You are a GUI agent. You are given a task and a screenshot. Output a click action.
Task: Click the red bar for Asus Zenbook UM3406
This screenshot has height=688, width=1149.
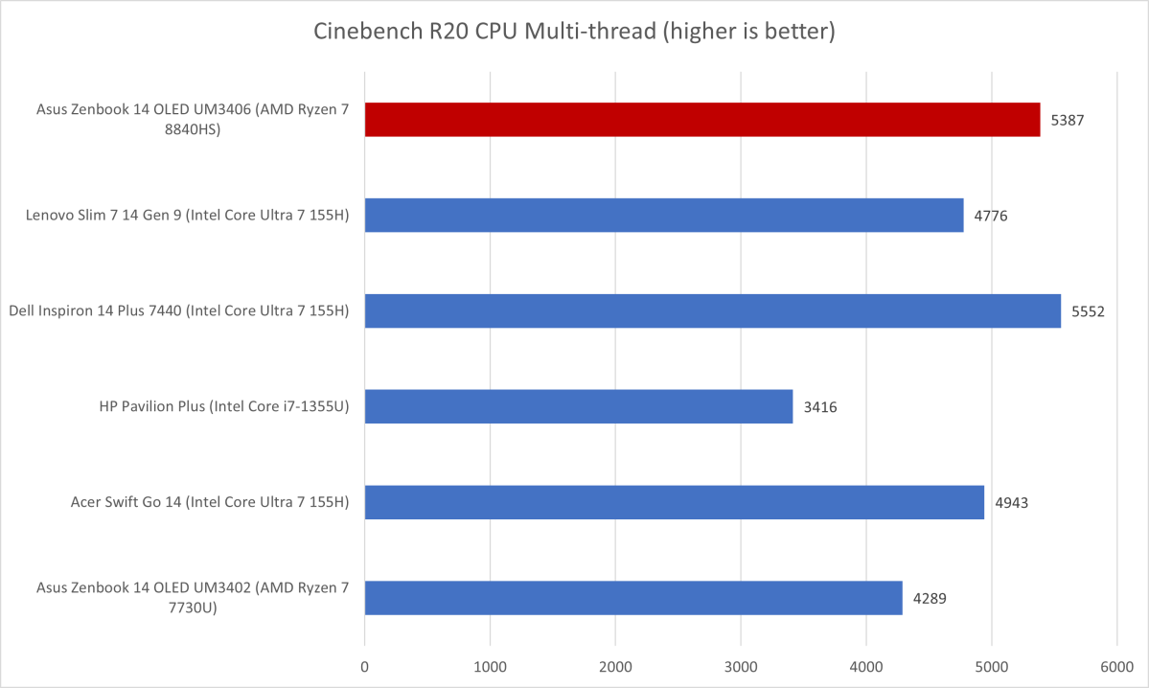pyautogui.click(x=701, y=120)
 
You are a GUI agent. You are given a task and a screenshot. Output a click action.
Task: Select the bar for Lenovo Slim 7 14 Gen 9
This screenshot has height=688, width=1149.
pyautogui.click(x=663, y=216)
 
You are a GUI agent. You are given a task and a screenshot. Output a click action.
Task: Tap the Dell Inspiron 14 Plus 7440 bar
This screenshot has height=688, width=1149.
pyautogui.click(x=712, y=310)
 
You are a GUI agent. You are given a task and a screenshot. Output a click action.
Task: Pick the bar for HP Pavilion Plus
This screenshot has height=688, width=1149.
pyautogui.click(x=578, y=406)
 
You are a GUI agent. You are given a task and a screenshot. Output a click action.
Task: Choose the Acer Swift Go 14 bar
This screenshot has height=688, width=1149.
pyautogui.click(x=674, y=502)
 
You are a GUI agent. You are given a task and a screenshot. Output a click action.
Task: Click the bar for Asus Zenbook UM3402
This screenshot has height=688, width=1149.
pyautogui.click(x=632, y=598)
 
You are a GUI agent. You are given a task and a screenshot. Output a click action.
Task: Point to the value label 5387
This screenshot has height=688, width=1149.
pyautogui.click(x=1067, y=121)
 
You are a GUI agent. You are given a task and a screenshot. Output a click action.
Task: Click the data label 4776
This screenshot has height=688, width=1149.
pyautogui.click(x=990, y=216)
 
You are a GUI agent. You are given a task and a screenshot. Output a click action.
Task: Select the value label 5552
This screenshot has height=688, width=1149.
pyautogui.click(x=1088, y=311)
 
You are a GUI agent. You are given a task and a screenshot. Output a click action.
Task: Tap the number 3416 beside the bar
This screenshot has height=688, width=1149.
pyautogui.click(x=820, y=407)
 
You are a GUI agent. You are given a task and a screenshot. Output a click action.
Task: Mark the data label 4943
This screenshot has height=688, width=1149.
pyautogui.click(x=1011, y=502)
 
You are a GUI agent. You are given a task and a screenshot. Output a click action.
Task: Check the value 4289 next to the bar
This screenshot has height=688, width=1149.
pyautogui.click(x=930, y=598)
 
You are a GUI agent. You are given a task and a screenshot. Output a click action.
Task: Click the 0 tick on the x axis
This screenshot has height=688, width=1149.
pyautogui.click(x=364, y=664)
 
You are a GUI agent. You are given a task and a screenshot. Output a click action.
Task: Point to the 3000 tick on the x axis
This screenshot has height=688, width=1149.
pyautogui.click(x=741, y=664)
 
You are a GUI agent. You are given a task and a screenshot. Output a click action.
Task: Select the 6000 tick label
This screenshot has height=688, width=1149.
pyautogui.click(x=1116, y=664)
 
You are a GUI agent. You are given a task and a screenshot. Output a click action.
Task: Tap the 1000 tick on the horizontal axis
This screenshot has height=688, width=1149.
pyautogui.click(x=490, y=664)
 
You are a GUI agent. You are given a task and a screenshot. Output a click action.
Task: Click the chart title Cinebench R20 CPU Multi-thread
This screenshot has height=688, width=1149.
pyautogui.click(x=575, y=32)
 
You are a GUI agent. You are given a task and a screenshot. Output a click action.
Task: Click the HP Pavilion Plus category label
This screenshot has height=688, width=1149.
pyautogui.click(x=223, y=406)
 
